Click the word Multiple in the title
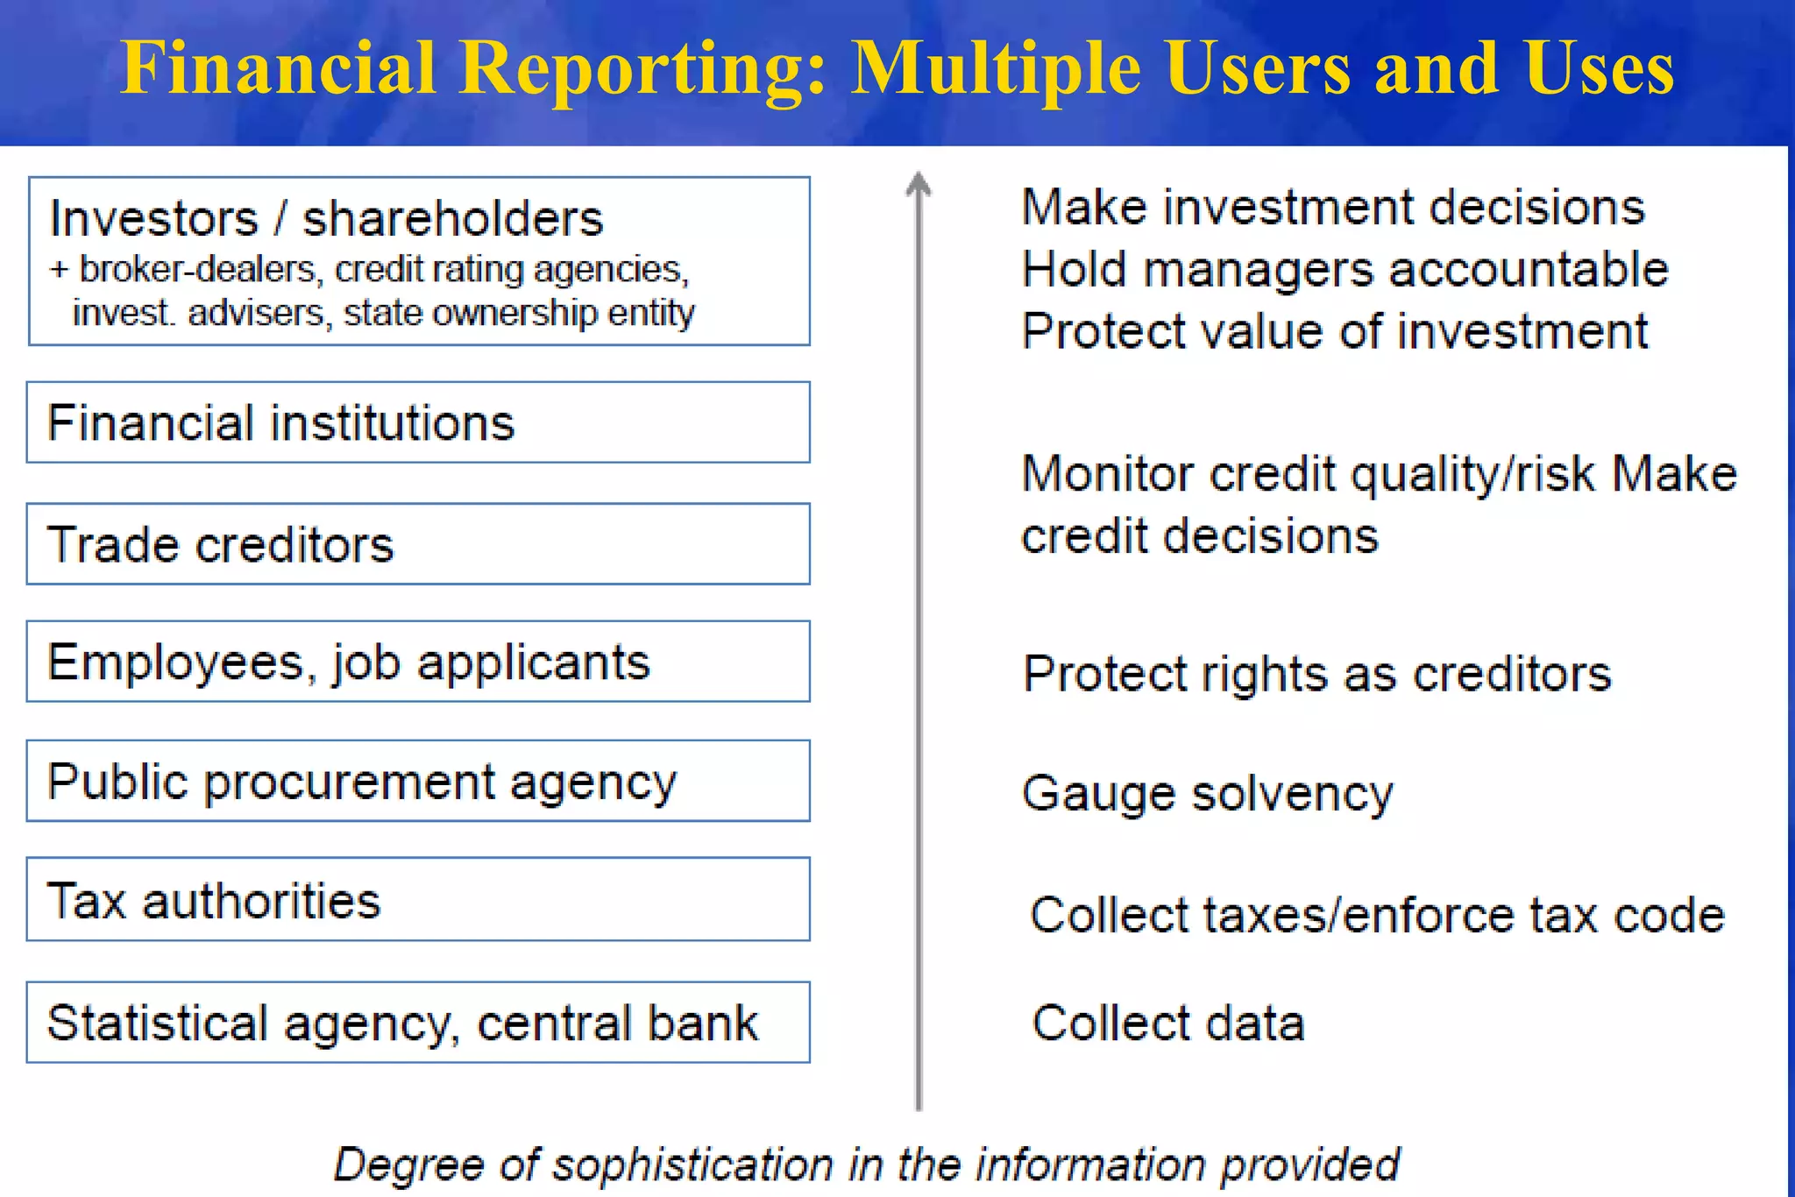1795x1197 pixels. [996, 68]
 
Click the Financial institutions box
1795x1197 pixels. [418, 422]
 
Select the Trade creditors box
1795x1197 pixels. [418, 544]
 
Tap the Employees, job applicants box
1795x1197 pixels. [418, 662]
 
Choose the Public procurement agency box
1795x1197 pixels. [418, 781]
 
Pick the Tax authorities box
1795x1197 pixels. [418, 900]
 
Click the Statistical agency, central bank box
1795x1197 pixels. [418, 1023]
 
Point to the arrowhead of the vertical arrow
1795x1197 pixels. [918, 183]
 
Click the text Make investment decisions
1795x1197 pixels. [1333, 208]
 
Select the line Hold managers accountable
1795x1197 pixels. [1344, 269]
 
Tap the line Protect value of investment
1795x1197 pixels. [1334, 331]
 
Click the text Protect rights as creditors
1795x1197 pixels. [1316, 674]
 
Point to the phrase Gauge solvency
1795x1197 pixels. [1207, 794]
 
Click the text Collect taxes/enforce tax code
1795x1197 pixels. [1377, 915]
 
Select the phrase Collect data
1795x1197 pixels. [1168, 1023]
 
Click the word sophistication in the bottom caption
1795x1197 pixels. [692, 1165]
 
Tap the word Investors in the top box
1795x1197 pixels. [154, 218]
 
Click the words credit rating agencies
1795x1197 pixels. [512, 269]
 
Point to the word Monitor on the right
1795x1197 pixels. [1107, 474]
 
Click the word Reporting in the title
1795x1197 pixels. [642, 68]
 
